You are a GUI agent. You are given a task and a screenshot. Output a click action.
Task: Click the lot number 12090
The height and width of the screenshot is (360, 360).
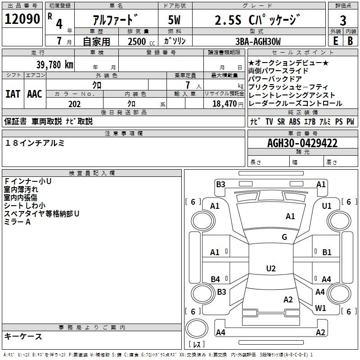pyautogui.click(x=22, y=19)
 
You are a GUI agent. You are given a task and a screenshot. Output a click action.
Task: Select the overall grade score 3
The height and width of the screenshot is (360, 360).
pyautogui.click(x=343, y=21)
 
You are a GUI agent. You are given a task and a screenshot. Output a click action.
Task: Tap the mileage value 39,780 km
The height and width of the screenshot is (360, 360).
pyautogui.click(x=54, y=65)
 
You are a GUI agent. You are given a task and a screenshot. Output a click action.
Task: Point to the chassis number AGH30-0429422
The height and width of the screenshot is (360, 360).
pyautogui.click(x=302, y=143)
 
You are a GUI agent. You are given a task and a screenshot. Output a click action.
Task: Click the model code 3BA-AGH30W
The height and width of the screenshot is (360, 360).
pyautogui.click(x=258, y=41)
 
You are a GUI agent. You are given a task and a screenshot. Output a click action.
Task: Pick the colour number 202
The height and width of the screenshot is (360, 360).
pyautogui.click(x=74, y=104)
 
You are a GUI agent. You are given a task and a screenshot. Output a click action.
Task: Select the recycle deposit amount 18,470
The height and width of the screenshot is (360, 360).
pyautogui.click(x=224, y=104)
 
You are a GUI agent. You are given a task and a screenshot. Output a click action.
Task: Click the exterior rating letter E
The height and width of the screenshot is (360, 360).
pyautogui.click(x=335, y=41)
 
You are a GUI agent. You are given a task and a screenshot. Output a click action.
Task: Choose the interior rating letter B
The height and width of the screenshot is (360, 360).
pyautogui.click(x=350, y=41)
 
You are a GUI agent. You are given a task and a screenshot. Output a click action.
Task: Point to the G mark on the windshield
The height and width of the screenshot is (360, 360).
pyautogui.click(x=284, y=237)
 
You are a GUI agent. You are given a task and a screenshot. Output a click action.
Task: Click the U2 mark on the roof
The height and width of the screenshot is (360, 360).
pyautogui.click(x=271, y=268)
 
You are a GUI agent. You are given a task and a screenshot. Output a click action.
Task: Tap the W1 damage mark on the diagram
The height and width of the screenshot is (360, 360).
pyautogui.click(x=320, y=308)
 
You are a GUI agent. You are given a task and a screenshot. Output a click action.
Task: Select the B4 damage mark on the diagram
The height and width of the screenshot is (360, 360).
pyautogui.click(x=215, y=279)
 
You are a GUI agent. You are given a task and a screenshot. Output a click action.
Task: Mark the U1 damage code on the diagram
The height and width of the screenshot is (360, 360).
pyautogui.click(x=327, y=206)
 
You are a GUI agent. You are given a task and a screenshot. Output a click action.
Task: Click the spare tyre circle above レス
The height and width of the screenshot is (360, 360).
pyautogui.click(x=197, y=328)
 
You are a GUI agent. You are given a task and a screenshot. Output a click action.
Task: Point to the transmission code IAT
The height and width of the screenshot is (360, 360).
pyautogui.click(x=13, y=94)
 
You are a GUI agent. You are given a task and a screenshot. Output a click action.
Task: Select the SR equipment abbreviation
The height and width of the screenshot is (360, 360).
pyautogui.click(x=281, y=121)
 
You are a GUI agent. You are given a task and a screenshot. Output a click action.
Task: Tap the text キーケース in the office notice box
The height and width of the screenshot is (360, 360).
pyautogui.click(x=23, y=336)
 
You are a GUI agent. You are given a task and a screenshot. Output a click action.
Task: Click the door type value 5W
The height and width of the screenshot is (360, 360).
pyautogui.click(x=174, y=20)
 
